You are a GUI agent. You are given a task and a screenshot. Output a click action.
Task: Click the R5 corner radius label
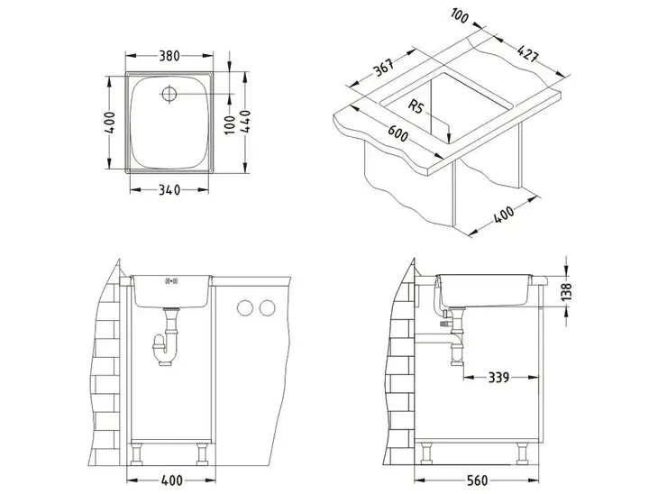pos(417,107)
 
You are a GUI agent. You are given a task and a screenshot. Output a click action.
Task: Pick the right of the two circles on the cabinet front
pos(266,309)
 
